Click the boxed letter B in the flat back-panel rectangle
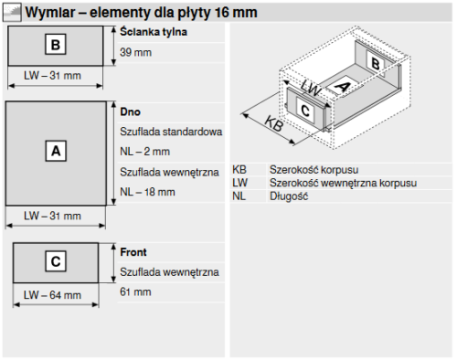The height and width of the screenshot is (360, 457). [x=56, y=45]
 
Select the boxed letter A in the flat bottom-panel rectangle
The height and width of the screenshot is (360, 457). [x=56, y=151]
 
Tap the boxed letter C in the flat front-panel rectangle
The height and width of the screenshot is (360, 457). [x=56, y=261]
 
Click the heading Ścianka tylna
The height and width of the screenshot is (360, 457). [x=154, y=32]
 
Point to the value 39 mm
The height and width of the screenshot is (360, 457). [x=135, y=52]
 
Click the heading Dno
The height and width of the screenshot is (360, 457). [x=130, y=111]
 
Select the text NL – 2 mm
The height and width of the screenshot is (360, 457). [x=144, y=152]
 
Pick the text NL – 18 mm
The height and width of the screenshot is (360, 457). [x=147, y=192]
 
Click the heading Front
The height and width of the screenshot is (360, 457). [x=133, y=252]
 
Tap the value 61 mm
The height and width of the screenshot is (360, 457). [x=135, y=291]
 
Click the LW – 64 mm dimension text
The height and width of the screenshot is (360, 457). [x=52, y=295]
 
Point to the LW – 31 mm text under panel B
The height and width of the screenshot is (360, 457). [x=52, y=76]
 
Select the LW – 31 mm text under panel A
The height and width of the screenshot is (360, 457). [x=52, y=216]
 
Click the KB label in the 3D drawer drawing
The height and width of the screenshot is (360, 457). [x=274, y=123]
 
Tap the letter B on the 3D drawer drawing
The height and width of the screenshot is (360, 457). [x=376, y=64]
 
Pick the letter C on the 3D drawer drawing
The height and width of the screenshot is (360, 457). [x=305, y=111]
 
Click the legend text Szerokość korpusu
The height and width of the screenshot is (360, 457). [x=314, y=170]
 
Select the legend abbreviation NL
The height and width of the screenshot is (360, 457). [x=239, y=196]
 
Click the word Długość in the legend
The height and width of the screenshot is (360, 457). [x=289, y=196]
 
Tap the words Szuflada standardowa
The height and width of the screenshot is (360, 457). [x=171, y=132]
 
